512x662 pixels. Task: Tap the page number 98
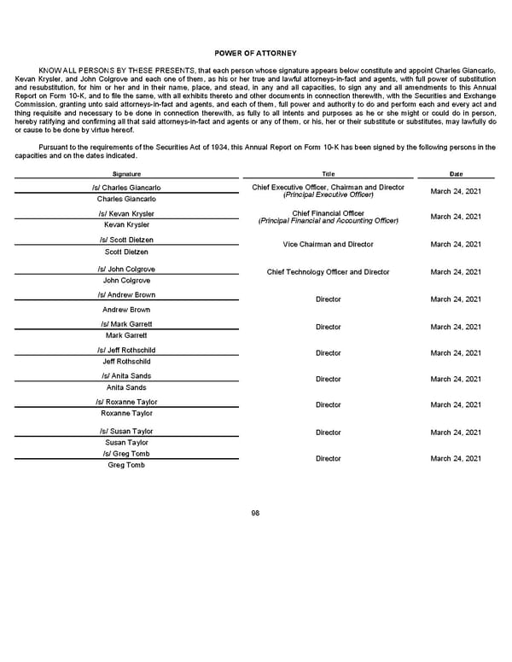point(255,512)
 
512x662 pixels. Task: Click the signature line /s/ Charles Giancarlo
point(126,188)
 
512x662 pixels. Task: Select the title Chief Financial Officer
point(328,213)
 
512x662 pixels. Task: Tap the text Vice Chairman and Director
point(328,245)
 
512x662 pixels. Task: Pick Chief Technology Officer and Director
point(328,272)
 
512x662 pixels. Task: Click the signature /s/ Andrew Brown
point(126,295)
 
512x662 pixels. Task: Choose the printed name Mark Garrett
point(126,335)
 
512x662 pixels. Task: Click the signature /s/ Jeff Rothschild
point(126,351)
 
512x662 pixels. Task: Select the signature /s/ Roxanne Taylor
point(126,402)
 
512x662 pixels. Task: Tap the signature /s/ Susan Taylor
point(126,432)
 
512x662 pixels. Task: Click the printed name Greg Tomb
point(126,465)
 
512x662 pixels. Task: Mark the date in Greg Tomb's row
point(456,459)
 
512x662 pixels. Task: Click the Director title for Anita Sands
point(328,379)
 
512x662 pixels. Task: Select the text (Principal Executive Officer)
point(328,195)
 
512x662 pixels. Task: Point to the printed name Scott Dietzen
point(126,253)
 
